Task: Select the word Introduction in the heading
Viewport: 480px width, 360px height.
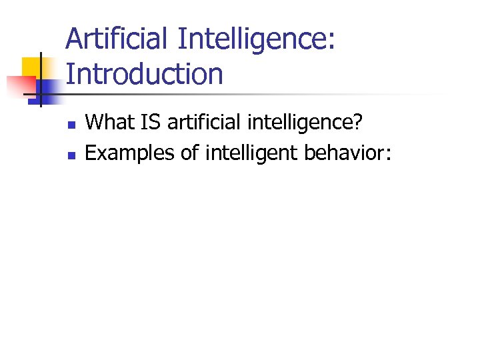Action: pos(145,73)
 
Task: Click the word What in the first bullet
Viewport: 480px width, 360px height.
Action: pos(108,122)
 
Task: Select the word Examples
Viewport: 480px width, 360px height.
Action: pos(129,154)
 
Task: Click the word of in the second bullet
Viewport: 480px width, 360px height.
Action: pos(189,153)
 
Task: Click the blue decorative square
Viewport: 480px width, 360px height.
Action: pos(48,89)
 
